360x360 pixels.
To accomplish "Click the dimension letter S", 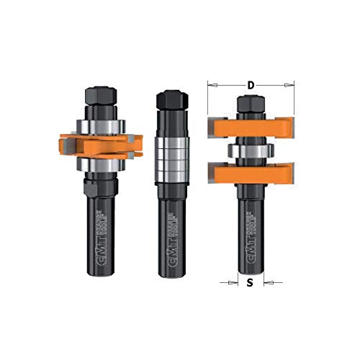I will point(250,282).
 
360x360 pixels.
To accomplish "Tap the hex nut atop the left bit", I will point(98,97).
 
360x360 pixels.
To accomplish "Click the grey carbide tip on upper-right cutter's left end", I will point(212,128).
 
